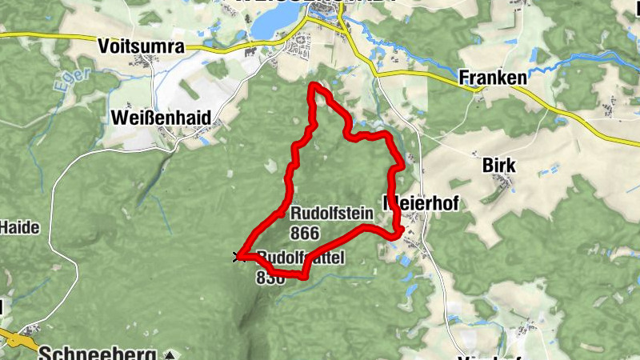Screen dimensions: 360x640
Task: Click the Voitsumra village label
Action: pos(140,46)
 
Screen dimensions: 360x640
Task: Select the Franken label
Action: pos(494,78)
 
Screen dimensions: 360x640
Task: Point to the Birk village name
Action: pos(499,166)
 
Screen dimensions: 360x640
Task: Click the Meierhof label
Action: pos(422,203)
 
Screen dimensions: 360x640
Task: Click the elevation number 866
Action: pos(306,233)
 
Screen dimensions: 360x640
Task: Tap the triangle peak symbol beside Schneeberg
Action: pos(170,354)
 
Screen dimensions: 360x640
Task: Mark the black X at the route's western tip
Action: pos(237,256)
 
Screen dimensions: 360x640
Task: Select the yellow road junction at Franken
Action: pos(478,87)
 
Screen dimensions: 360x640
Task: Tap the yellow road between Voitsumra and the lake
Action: pos(224,49)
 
